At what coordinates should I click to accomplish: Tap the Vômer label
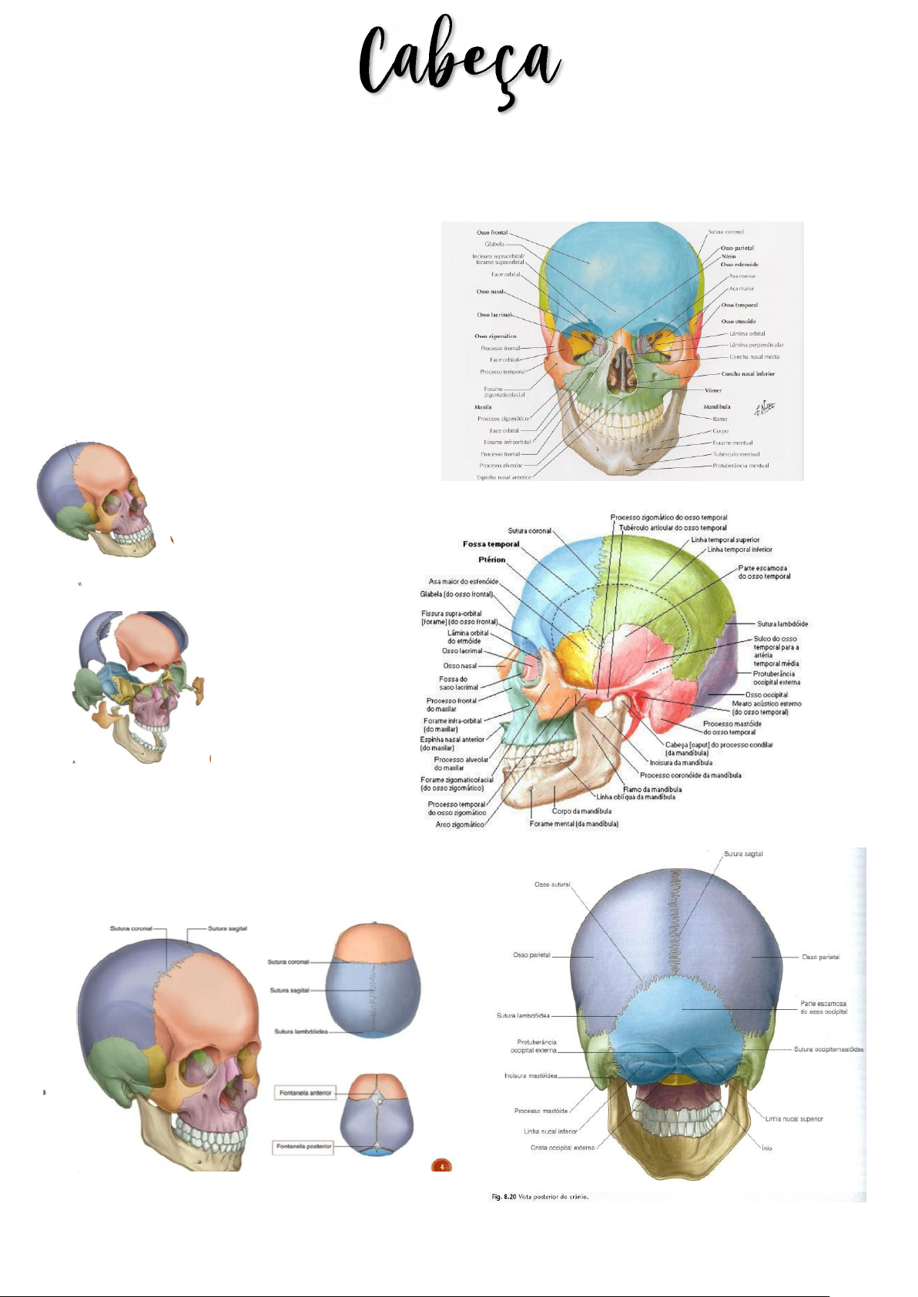[713, 390]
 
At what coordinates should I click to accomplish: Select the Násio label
[729, 256]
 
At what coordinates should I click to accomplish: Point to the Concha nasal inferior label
[748, 374]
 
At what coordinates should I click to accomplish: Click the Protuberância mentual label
[741, 466]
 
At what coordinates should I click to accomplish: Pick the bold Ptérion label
[491, 560]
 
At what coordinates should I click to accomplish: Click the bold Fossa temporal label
[491, 544]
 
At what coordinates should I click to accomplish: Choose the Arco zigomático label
[460, 824]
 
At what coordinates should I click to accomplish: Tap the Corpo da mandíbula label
[581, 811]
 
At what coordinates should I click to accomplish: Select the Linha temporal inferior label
[739, 550]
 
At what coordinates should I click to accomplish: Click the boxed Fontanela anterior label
[306, 1093]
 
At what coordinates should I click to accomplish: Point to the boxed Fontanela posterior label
[304, 1147]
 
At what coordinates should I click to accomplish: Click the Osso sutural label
[552, 884]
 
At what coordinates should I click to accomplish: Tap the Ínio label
[767, 1148]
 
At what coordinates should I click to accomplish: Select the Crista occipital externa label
[563, 1148]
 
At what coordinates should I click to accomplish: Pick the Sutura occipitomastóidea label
[829, 1049]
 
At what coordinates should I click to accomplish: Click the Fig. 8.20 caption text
[540, 1197]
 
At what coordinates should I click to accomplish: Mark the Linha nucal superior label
[794, 1119]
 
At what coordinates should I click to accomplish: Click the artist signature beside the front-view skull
[764, 407]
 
